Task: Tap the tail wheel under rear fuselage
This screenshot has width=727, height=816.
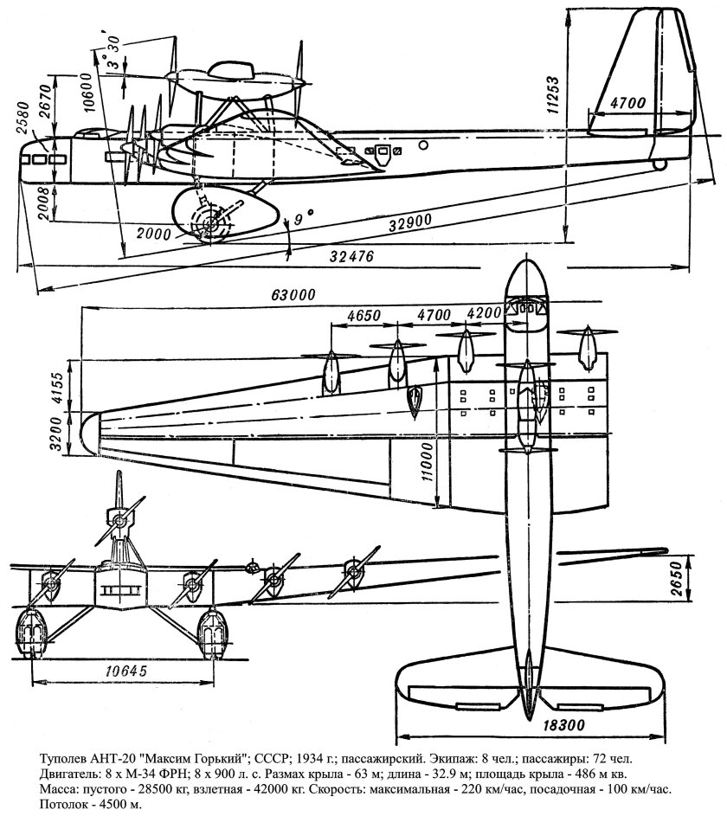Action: pos(660,163)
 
